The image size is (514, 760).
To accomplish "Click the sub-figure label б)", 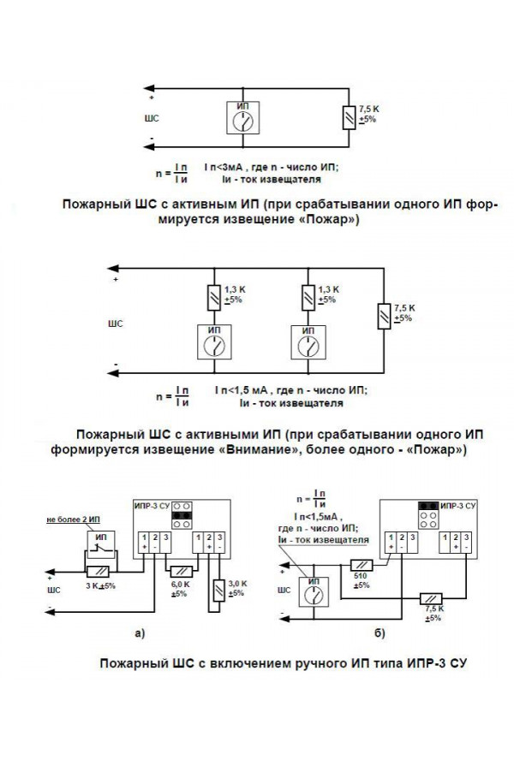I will [x=380, y=633].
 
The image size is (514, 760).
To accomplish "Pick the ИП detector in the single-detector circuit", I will [x=246, y=117].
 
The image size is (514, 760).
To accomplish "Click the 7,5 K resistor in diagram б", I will [x=431, y=599].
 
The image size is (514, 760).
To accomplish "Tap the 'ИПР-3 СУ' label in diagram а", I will [x=152, y=506].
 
